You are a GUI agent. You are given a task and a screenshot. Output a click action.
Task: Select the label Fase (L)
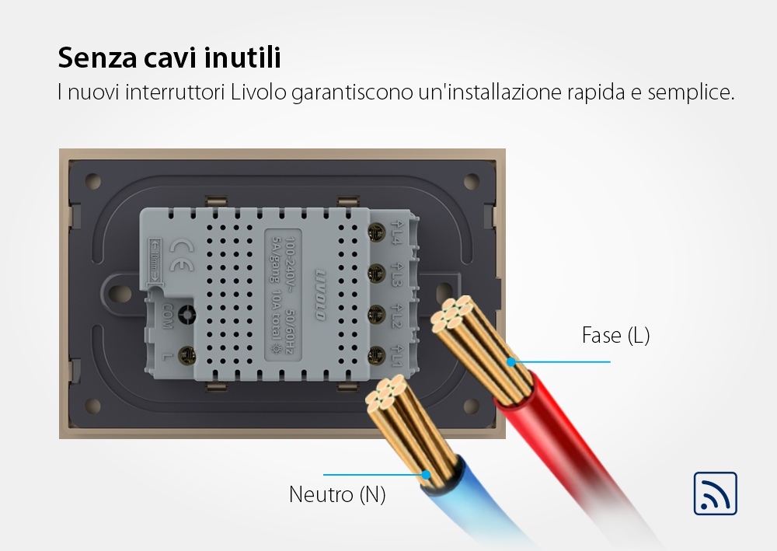pyautogui.click(x=615, y=336)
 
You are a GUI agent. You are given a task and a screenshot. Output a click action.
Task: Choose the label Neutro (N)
pyautogui.click(x=337, y=494)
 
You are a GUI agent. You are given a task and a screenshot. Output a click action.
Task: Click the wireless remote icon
pyautogui.click(x=715, y=493)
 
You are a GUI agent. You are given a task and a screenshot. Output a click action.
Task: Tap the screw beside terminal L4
pyautogui.click(x=380, y=231)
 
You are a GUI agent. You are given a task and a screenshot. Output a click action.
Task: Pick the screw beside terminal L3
pyautogui.click(x=380, y=272)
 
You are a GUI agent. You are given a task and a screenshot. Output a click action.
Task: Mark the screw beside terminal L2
pyautogui.click(x=380, y=315)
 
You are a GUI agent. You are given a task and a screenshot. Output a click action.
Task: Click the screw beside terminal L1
pyautogui.click(x=380, y=357)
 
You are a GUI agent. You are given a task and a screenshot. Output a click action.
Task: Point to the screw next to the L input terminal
pyautogui.click(x=186, y=357)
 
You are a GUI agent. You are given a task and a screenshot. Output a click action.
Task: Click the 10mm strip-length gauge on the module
pyautogui.click(x=154, y=259)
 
